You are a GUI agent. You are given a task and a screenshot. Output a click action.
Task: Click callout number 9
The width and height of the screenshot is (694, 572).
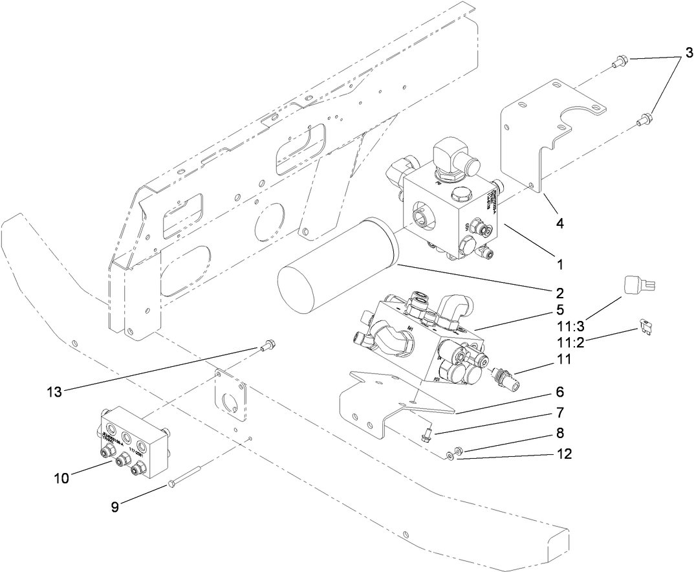(115, 507)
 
